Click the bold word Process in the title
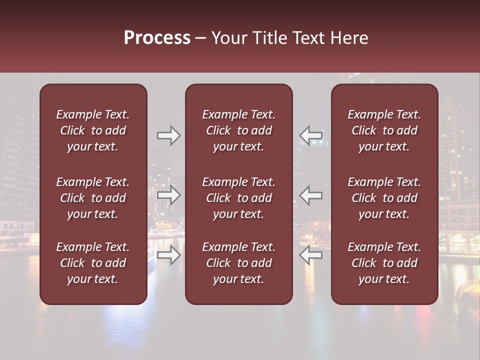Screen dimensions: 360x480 [x=157, y=38]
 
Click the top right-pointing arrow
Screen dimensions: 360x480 [x=168, y=135]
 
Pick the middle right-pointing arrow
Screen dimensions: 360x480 [x=168, y=195]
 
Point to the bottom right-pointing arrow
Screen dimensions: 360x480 [x=168, y=255]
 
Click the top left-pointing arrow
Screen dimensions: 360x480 [x=311, y=135]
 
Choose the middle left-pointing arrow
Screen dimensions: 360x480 [x=311, y=195]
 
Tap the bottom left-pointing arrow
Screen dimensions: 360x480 [x=311, y=255]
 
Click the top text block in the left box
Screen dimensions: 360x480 [x=93, y=130]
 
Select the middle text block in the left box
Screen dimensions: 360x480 [x=93, y=198]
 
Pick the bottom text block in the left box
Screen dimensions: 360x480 [x=93, y=263]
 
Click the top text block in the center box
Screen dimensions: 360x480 [x=239, y=130]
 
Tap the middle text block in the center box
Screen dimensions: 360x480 [x=239, y=198]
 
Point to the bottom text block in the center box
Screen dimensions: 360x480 [x=239, y=263]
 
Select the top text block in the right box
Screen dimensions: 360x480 [x=384, y=130]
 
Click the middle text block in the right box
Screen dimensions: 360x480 [x=384, y=198]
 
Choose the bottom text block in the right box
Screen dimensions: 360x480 [x=384, y=263]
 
